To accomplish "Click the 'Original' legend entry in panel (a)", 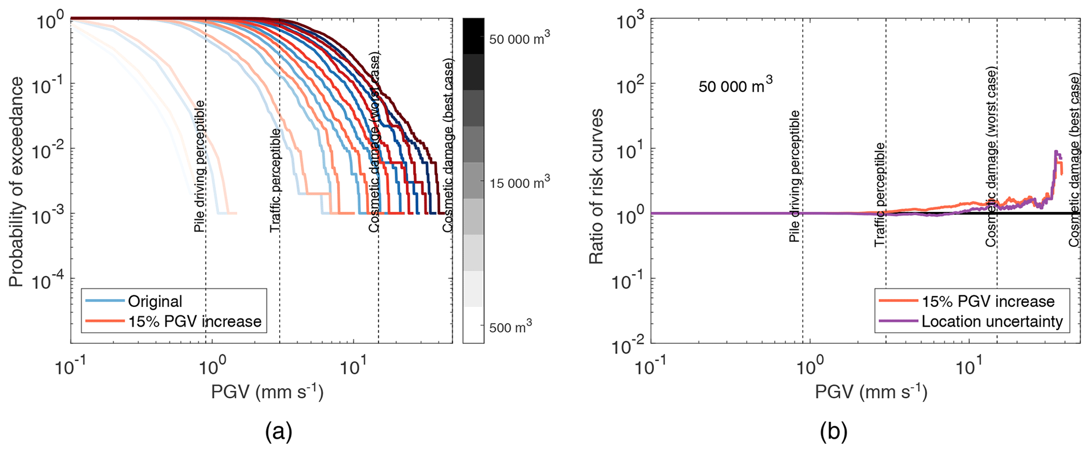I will tap(155, 301).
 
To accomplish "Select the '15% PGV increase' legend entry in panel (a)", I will tap(194, 322).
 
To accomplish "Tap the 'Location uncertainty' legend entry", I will tap(992, 322).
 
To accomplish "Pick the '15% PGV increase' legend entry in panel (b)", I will tap(988, 301).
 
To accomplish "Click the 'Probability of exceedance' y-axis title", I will tap(16, 182).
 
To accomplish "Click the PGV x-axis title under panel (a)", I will tap(267, 392).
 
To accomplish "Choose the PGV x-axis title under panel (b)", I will tap(871, 392).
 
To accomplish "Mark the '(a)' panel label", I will tap(278, 432).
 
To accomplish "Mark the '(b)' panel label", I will tap(833, 432).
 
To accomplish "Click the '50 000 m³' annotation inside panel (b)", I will tap(735, 85).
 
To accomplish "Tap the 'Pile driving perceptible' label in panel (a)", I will tap(200, 166).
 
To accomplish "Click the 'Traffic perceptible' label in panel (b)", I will tap(879, 194).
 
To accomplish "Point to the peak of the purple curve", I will tap(1055, 151).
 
